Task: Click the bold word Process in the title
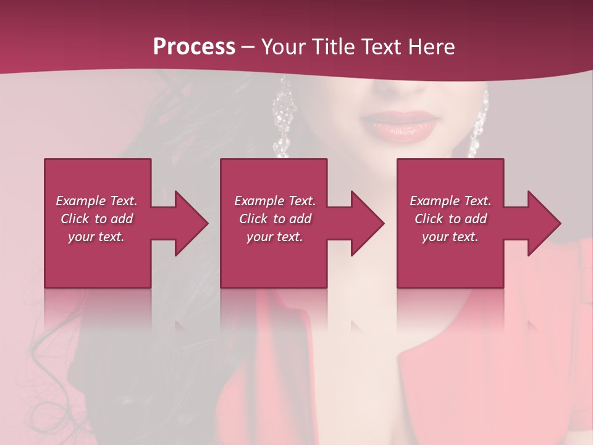(194, 47)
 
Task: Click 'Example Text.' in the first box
(96, 201)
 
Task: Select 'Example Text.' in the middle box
(275, 201)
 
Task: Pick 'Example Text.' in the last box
(450, 201)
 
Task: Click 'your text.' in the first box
(96, 237)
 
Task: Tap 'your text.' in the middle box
(275, 237)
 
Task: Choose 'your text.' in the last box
(450, 237)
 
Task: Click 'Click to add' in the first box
(96, 219)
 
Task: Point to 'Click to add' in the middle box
(275, 219)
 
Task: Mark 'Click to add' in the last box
(450, 219)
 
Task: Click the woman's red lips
(398, 124)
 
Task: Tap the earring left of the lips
(283, 121)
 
